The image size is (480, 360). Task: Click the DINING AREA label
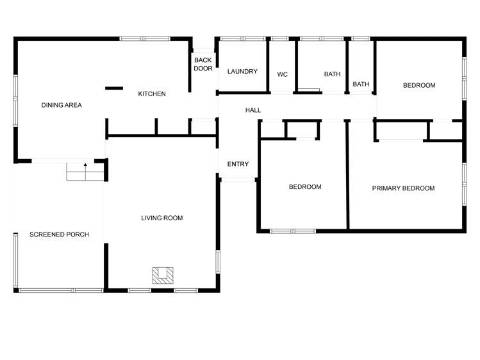click(x=62, y=105)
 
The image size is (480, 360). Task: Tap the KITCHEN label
click(x=152, y=94)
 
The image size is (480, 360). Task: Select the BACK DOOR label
click(x=203, y=64)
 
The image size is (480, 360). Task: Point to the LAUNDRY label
click(x=242, y=71)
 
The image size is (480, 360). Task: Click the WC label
click(x=283, y=74)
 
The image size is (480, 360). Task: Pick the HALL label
click(x=253, y=110)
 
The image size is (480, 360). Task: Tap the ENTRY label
click(x=238, y=165)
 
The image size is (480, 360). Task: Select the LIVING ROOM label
click(x=162, y=218)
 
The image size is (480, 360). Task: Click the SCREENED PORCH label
click(x=59, y=234)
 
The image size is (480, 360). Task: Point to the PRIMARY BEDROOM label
click(x=404, y=188)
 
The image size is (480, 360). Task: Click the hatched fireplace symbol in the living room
click(x=163, y=275)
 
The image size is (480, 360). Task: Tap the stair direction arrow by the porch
click(x=85, y=165)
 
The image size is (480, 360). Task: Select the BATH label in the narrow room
click(x=361, y=84)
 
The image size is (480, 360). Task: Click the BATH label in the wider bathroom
click(x=332, y=74)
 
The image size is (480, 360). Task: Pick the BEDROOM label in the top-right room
click(x=419, y=85)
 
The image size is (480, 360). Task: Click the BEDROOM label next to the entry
click(x=305, y=187)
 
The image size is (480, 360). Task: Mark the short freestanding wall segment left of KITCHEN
click(x=114, y=88)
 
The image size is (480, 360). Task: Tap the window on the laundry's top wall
click(x=242, y=39)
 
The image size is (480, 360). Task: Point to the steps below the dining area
click(x=85, y=173)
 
